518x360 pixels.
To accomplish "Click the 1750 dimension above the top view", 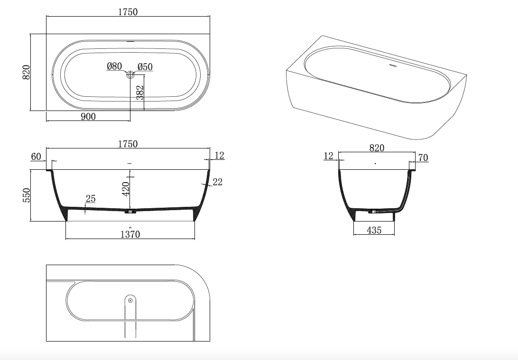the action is point(128,12).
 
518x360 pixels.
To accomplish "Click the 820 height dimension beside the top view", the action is point(26,72).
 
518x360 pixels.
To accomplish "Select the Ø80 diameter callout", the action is point(114,66).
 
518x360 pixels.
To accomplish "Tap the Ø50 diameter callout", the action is point(145,67).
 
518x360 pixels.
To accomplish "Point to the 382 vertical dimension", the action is point(140,92).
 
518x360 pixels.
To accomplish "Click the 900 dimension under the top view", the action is point(88,117).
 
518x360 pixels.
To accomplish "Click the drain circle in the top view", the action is point(130,75).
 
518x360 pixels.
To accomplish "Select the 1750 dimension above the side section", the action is point(128,144).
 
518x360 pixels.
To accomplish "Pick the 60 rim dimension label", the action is point(36,157).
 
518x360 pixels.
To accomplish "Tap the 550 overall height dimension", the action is point(26,195).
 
